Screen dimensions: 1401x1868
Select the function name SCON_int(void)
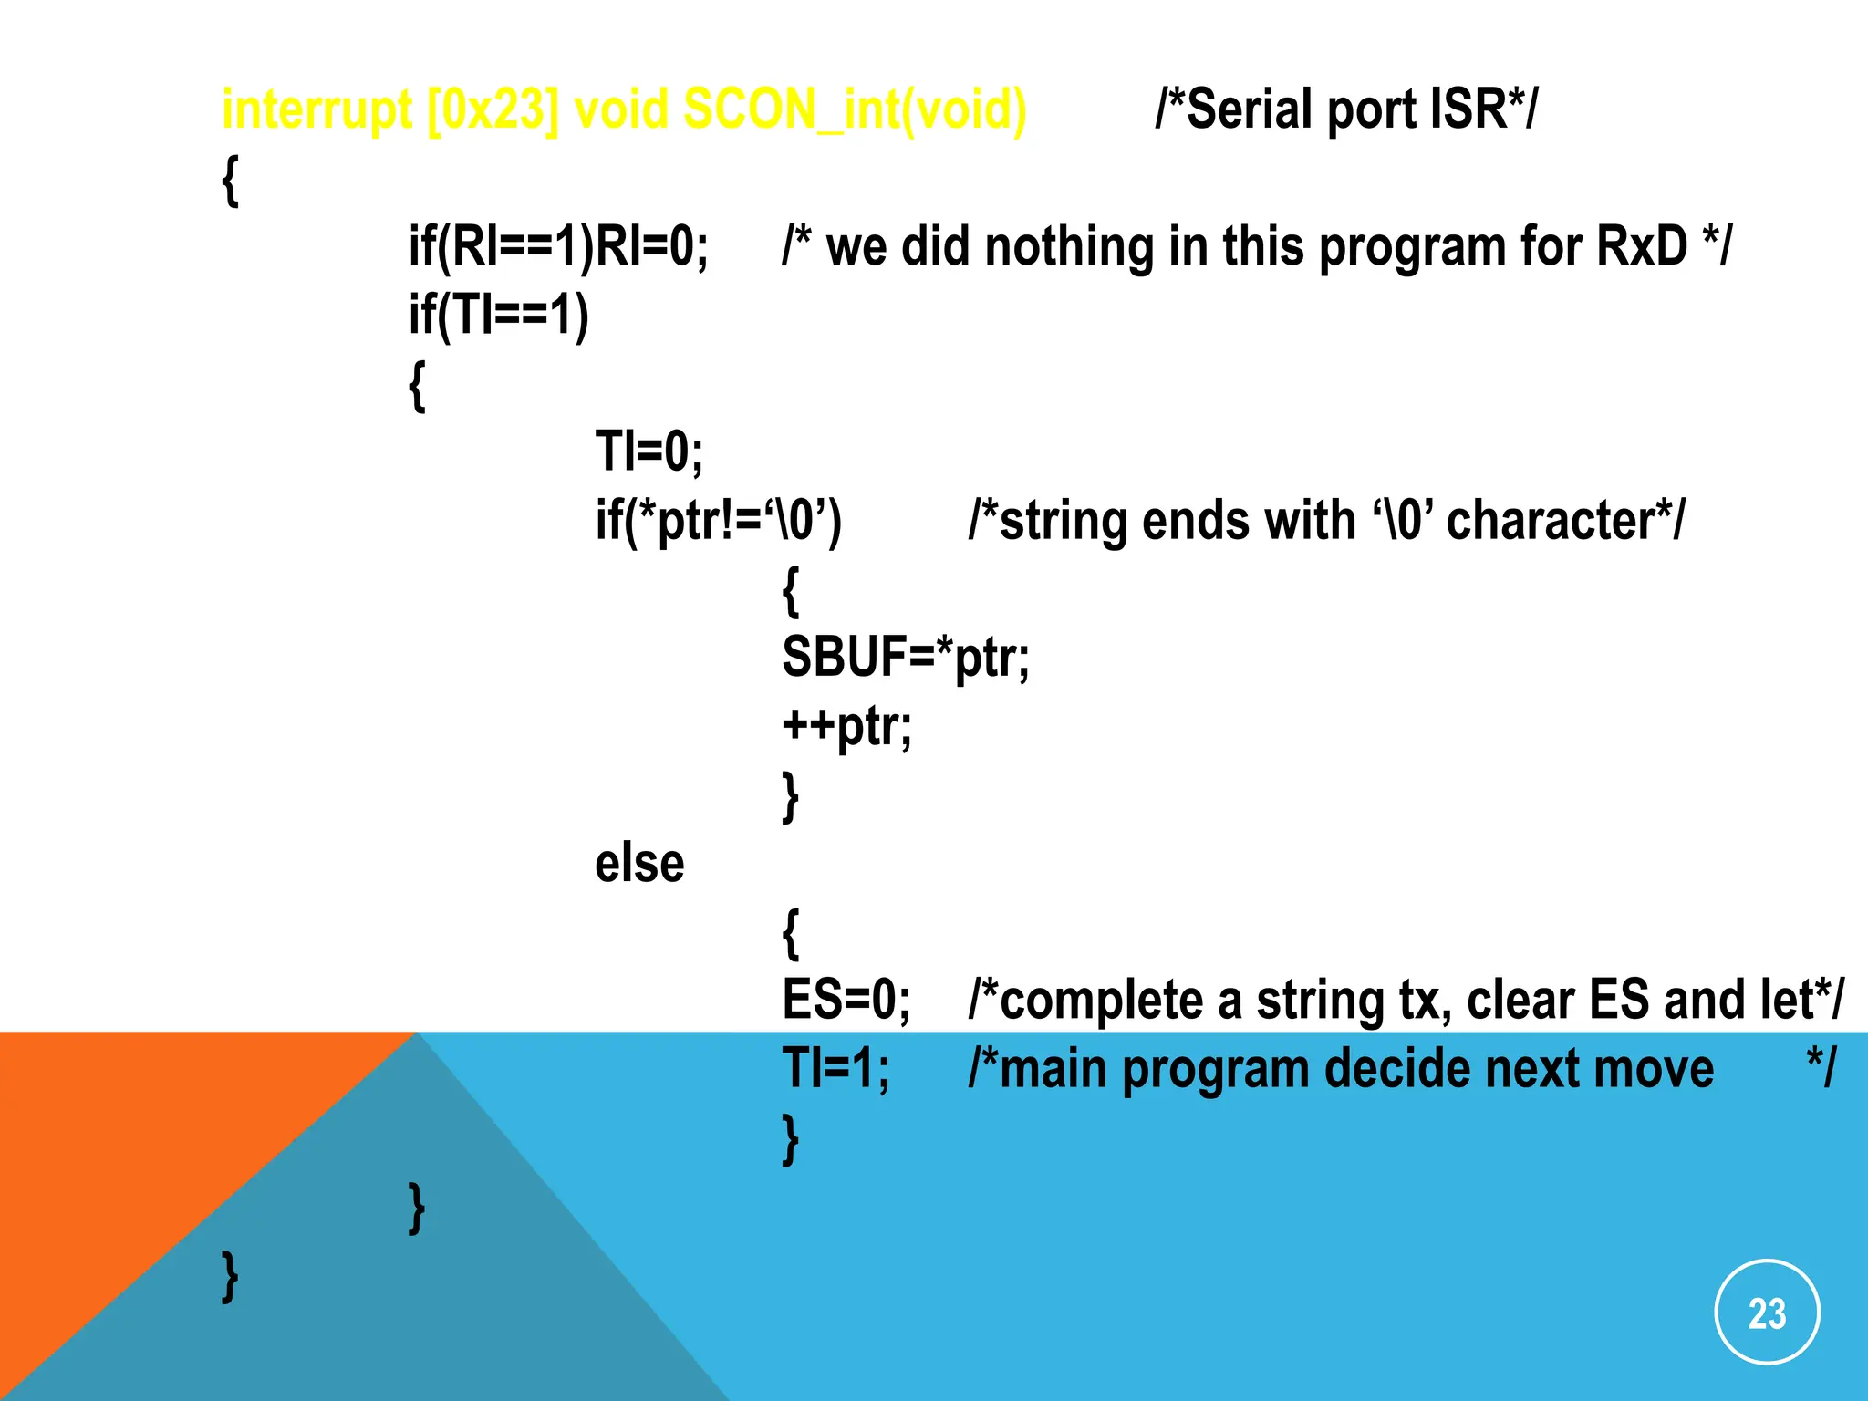click(855, 109)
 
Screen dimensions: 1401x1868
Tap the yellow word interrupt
click(317, 109)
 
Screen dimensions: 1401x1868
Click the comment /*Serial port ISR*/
click(1345, 109)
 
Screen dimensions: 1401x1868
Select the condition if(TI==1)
click(498, 315)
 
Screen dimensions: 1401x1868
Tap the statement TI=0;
click(649, 451)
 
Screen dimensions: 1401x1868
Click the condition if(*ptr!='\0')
click(719, 521)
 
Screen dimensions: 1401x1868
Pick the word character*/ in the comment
click(1565, 521)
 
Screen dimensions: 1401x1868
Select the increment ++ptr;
click(846, 726)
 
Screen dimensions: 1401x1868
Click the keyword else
click(639, 863)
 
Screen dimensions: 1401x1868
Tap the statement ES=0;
click(846, 1000)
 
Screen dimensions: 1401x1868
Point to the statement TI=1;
click(835, 1068)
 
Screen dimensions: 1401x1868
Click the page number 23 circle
click(1767, 1313)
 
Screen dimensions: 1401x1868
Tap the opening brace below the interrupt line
click(231, 180)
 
